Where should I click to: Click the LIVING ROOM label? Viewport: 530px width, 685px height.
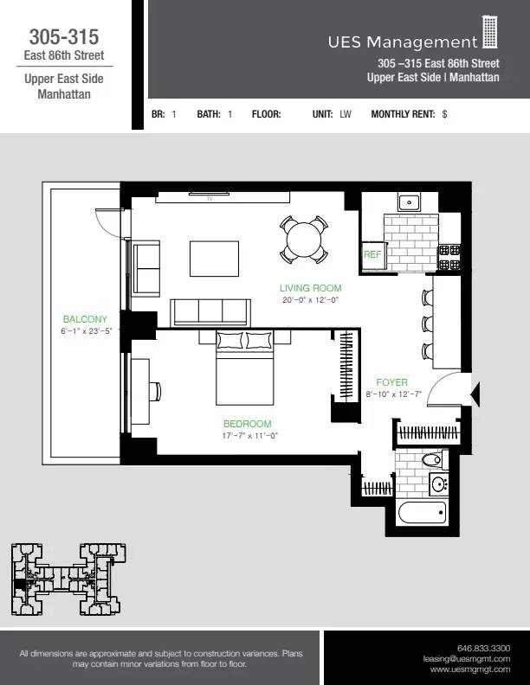(x=310, y=288)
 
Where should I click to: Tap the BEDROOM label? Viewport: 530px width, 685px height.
(x=247, y=424)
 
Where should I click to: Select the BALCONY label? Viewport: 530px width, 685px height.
(x=85, y=319)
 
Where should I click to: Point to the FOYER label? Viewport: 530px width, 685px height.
(x=391, y=382)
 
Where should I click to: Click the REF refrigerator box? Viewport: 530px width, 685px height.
(x=372, y=254)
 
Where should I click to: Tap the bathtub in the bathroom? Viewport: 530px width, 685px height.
(x=422, y=514)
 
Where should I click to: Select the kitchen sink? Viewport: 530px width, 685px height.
(x=409, y=204)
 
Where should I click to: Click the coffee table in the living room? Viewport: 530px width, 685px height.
(x=215, y=257)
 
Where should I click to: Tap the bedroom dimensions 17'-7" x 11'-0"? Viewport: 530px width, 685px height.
(x=249, y=436)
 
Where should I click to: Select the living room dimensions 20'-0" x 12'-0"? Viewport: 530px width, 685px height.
(x=310, y=300)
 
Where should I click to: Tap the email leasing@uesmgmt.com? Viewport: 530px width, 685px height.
(x=470, y=658)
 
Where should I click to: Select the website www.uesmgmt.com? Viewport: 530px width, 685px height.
(x=470, y=669)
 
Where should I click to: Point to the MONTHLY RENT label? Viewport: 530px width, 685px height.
(x=403, y=113)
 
